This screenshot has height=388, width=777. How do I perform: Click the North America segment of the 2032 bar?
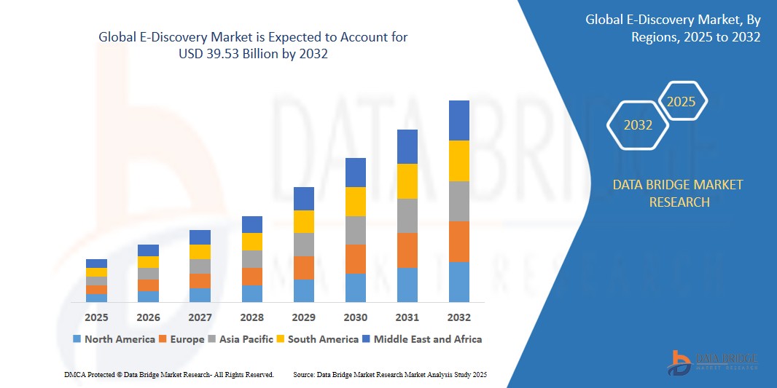coord(459,282)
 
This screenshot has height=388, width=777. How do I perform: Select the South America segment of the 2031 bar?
coord(407,181)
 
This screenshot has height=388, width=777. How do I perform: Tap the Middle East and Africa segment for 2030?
coord(355,173)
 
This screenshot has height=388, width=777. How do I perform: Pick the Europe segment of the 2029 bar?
coord(303,268)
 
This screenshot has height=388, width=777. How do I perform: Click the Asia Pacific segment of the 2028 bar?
coord(251,259)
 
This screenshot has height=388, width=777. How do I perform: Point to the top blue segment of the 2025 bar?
coord(96,264)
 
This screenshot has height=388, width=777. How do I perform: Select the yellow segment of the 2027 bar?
coord(200,252)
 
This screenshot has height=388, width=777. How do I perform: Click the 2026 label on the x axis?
coord(148,317)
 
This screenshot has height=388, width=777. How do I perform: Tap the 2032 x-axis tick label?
coord(459,317)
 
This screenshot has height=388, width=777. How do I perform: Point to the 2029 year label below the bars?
coord(303,317)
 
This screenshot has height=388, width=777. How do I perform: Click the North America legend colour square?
coord(77,339)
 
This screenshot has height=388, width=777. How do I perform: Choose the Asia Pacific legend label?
coord(245,339)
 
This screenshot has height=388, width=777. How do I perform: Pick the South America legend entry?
coord(323,339)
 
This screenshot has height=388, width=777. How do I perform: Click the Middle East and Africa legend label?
coord(427,339)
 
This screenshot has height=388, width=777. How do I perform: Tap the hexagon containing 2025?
coord(682,102)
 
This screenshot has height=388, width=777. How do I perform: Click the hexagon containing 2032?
coord(638,125)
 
